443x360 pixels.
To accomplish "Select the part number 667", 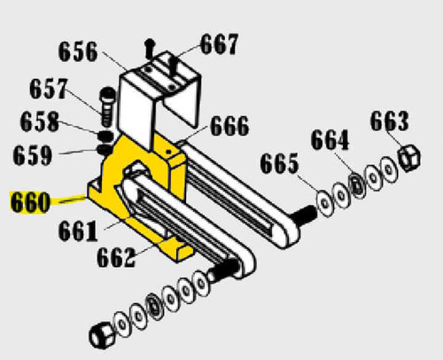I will pyautogui.click(x=218, y=43).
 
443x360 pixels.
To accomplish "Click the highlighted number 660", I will pyautogui.click(x=30, y=203).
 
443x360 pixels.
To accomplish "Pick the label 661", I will pyautogui.click(x=78, y=232).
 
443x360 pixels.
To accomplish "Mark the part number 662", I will pyautogui.click(x=117, y=258).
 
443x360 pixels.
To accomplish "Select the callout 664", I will pyautogui.click(x=330, y=140).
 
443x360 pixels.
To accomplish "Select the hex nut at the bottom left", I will pyautogui.click(x=99, y=335).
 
